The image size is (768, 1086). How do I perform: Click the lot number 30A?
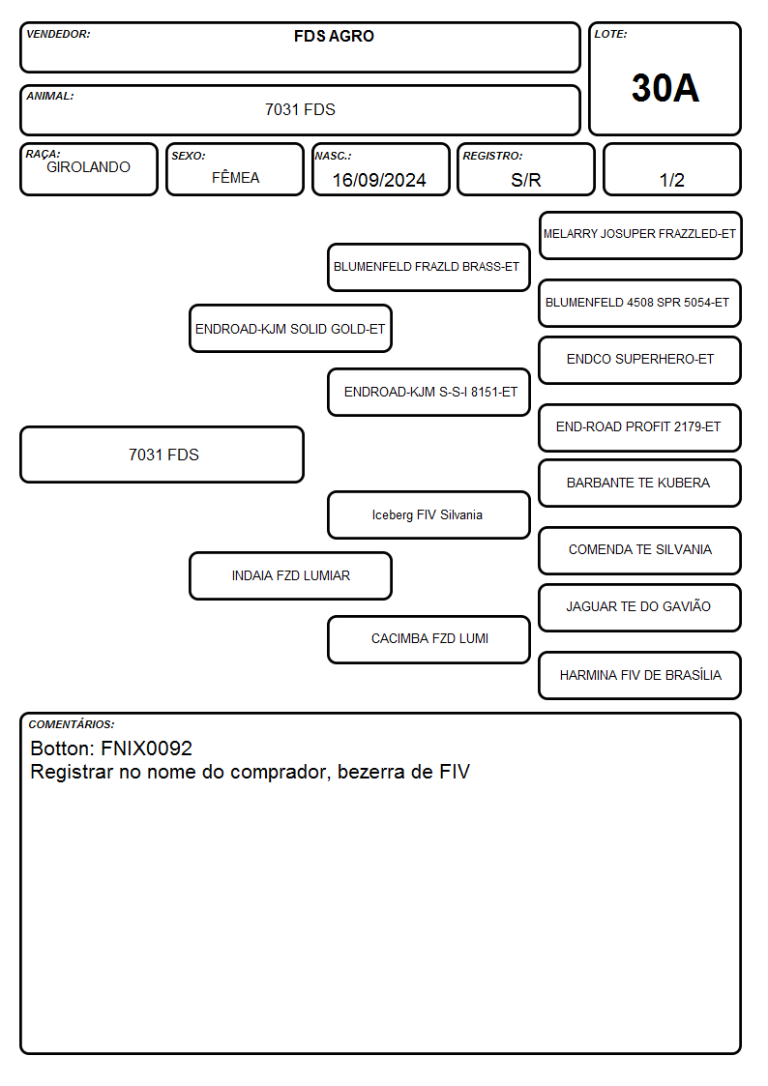[x=665, y=88]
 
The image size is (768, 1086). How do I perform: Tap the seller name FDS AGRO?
[x=334, y=36]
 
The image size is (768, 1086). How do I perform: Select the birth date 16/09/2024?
[x=379, y=180]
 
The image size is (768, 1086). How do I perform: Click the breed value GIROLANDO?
[x=88, y=167]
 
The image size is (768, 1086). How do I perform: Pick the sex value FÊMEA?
[x=235, y=177]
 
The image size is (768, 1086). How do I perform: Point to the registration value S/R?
[x=525, y=180]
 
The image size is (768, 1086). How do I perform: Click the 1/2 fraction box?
[x=671, y=170]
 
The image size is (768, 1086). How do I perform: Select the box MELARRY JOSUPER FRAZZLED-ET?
[x=640, y=236]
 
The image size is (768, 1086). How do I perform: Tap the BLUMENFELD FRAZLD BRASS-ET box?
[x=428, y=267]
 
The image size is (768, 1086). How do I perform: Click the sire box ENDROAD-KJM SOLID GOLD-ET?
[x=290, y=328]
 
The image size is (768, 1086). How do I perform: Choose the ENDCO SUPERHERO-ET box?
[x=640, y=360]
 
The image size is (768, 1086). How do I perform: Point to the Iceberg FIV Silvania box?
[x=428, y=515]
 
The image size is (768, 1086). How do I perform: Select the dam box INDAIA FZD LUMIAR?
[x=290, y=575]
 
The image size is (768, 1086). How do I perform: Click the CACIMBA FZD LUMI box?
[x=428, y=639]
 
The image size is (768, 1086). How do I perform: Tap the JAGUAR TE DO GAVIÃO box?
[x=640, y=607]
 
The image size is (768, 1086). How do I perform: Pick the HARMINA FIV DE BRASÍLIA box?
[x=640, y=675]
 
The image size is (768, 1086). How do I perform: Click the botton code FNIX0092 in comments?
[x=146, y=748]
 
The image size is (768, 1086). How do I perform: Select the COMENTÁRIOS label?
[x=72, y=724]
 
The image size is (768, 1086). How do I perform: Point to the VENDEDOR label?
[x=58, y=34]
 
